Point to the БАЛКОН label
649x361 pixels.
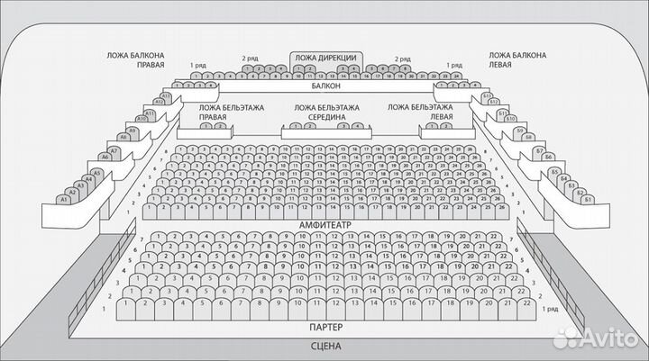(325, 87)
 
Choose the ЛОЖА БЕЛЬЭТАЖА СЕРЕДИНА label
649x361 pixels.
(326, 113)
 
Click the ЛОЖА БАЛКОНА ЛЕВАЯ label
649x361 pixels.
(516, 60)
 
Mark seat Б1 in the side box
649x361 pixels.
(587, 199)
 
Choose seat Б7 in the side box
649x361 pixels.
(540, 150)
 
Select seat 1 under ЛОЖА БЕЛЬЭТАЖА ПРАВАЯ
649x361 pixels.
(206, 126)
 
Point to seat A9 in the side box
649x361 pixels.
(132, 131)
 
